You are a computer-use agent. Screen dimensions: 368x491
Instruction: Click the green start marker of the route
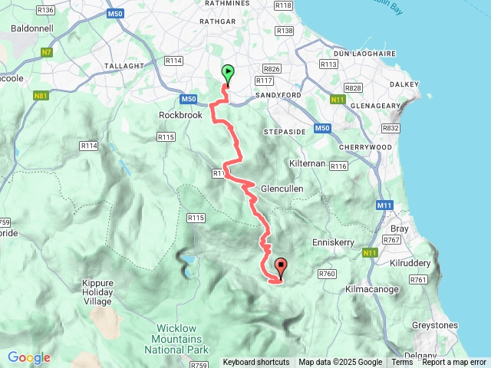click(x=228, y=74)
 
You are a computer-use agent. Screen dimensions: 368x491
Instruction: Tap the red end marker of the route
click(x=280, y=268)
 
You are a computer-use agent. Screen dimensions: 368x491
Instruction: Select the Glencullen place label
click(x=282, y=189)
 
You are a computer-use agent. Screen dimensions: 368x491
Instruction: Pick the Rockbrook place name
click(x=179, y=115)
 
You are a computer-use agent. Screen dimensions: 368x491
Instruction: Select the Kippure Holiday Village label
click(x=97, y=292)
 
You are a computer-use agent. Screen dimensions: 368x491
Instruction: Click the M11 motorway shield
click(x=384, y=205)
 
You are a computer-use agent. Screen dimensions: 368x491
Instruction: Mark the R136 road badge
click(x=45, y=10)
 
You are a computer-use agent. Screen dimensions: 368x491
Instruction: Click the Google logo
click(x=28, y=357)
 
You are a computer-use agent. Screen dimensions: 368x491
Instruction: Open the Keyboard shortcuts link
click(x=256, y=363)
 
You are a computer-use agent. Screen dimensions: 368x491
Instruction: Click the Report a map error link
click(x=454, y=363)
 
